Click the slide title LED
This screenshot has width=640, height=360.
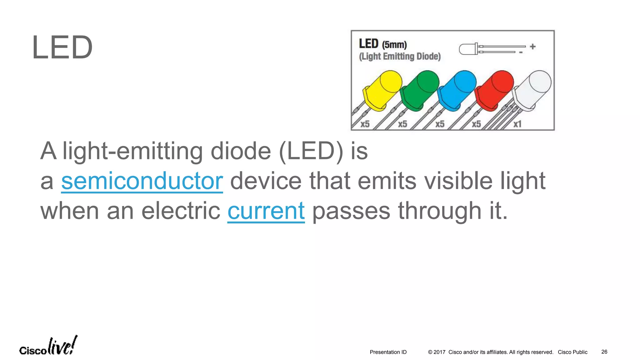coord(62,48)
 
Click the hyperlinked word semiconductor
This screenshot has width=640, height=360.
coord(142,181)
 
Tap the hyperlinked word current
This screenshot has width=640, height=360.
coord(266,211)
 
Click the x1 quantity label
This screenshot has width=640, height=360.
coord(517,124)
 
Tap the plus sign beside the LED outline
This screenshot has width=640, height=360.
coord(533,47)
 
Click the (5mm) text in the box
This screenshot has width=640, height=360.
coord(394,45)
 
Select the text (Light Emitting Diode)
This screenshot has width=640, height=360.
coord(400,57)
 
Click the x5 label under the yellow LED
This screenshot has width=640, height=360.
coord(365,124)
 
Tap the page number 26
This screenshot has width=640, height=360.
coord(604,352)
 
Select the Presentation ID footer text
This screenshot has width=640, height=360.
coord(388,352)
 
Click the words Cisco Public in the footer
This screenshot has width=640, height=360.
coord(572,352)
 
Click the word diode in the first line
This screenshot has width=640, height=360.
coord(241,151)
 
